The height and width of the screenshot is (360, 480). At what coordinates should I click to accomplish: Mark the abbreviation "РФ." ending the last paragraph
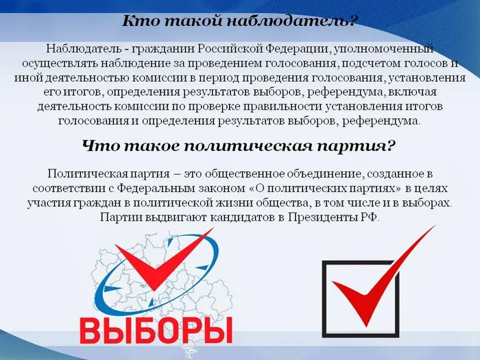[369, 217]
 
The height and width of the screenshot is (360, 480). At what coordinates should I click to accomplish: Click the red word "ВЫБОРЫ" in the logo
[156, 330]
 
